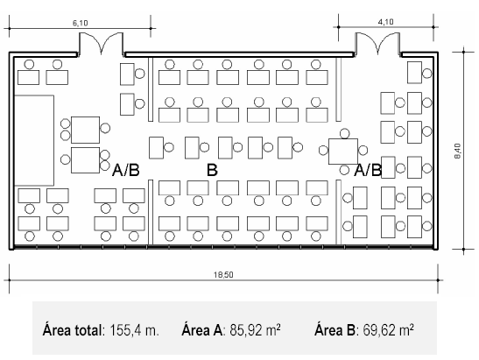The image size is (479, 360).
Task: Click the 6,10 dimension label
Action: (80, 23)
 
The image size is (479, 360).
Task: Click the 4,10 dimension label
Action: (386, 22)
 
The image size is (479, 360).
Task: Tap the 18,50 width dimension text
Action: (223, 275)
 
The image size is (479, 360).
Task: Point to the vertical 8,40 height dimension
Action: (458, 151)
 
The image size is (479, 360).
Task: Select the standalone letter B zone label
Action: (212, 170)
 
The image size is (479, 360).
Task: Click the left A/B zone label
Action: (126, 170)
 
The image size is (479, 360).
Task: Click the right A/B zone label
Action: (368, 170)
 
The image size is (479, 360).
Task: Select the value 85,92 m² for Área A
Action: (255, 329)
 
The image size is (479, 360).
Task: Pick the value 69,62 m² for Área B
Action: (388, 329)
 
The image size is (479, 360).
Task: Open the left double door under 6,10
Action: (102, 44)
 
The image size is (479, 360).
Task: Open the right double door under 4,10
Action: (378, 44)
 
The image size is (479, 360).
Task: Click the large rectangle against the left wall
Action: (34, 140)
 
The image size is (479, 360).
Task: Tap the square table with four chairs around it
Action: (343, 152)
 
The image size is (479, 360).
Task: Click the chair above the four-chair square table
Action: (345, 133)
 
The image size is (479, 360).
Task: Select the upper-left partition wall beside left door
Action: (151, 89)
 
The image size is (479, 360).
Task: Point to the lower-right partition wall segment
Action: (339, 212)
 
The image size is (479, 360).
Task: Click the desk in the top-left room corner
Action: (28, 77)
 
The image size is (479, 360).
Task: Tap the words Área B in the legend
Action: (335, 329)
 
